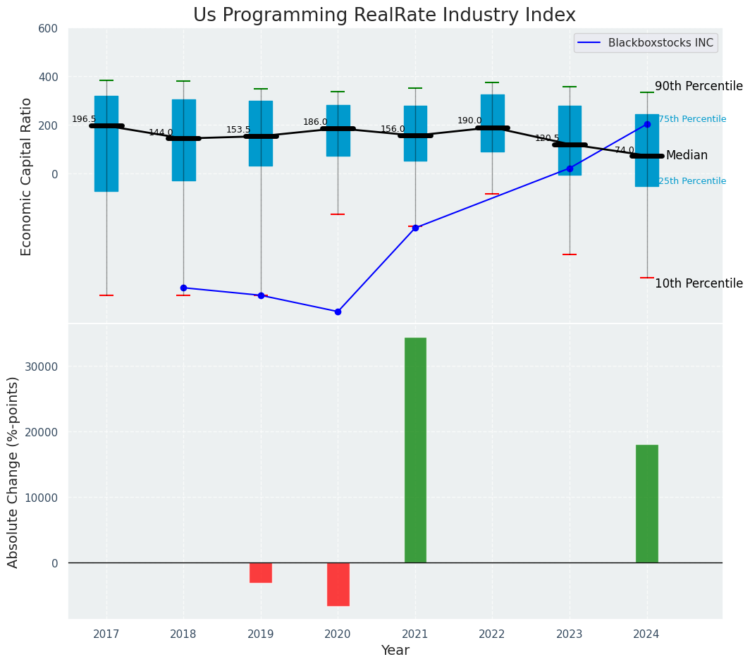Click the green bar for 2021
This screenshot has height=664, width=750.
[415, 450]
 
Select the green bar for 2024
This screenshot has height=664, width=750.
[646, 503]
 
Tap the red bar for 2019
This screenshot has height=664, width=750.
[261, 572]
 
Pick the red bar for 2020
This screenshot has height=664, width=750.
[338, 584]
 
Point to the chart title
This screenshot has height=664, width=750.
[384, 16]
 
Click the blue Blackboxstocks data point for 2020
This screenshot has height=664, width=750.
[338, 312]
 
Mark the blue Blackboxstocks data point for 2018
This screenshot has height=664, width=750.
[183, 288]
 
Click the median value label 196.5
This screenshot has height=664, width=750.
[84, 119]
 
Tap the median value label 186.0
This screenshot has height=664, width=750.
[315, 122]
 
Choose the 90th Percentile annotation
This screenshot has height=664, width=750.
[699, 86]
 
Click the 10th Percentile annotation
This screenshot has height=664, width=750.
[699, 283]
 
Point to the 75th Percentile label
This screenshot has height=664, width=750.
[692, 119]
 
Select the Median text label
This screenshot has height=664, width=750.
[687, 156]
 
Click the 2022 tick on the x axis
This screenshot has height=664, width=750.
[492, 634]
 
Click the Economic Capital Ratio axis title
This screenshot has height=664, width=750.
[27, 176]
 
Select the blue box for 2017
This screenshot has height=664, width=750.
[106, 144]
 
